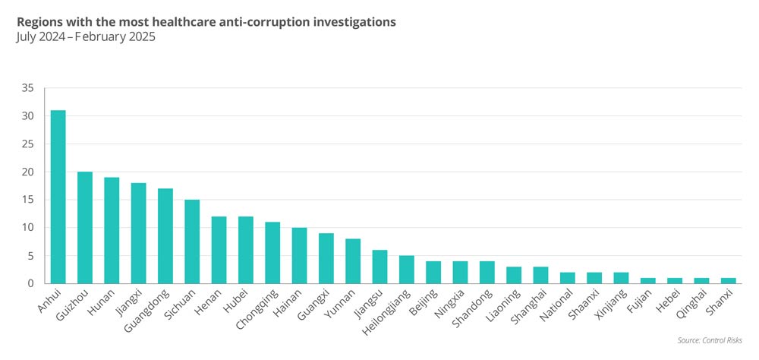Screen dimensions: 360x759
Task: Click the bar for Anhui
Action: point(58,197)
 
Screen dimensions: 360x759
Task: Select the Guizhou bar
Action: point(85,227)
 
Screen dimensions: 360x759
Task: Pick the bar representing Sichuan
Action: point(192,242)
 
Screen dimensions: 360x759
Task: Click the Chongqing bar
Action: point(272,252)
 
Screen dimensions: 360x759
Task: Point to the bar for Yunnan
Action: point(353,261)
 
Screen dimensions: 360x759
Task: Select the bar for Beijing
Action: point(433,272)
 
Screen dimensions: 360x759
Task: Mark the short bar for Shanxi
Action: point(728,280)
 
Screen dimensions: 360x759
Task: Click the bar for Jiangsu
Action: point(379,267)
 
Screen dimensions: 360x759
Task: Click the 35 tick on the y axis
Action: point(29,88)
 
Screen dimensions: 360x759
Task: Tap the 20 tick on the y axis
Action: point(29,172)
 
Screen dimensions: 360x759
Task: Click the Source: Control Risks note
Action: point(709,340)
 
